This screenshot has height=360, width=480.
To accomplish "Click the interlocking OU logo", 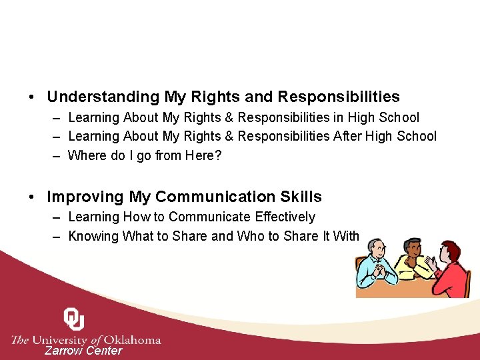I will coord(73,319).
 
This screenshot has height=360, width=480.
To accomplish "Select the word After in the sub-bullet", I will coord(348,137).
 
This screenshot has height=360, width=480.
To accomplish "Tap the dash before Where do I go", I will coord(53,156).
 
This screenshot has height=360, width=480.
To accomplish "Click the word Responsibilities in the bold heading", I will coord(339,97).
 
